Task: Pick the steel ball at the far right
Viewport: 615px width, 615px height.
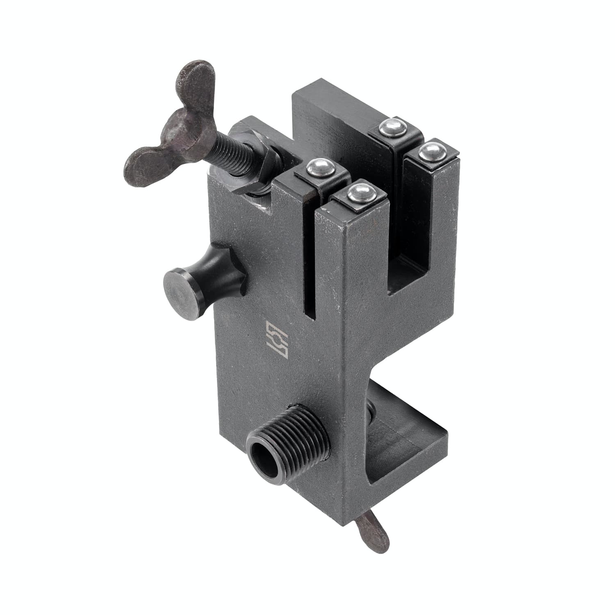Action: coord(431,152)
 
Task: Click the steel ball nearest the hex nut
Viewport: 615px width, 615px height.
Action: coord(320,167)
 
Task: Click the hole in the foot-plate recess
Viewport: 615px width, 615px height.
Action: coord(371,414)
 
